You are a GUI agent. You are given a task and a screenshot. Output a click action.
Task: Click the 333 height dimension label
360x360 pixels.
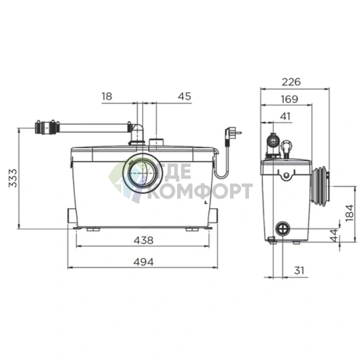13,178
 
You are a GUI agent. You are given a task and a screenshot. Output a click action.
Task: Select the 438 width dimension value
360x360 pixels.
144,240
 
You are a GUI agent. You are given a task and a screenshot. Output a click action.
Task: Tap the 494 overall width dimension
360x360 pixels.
144,262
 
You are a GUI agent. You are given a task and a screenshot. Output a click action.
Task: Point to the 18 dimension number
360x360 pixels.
107,97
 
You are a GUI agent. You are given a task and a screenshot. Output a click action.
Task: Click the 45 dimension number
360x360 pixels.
184,97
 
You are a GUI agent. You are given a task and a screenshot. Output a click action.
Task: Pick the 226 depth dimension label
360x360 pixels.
291,82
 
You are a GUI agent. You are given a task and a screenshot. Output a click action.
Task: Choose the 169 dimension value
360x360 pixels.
290,99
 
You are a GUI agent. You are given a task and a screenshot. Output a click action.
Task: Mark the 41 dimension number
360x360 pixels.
285,116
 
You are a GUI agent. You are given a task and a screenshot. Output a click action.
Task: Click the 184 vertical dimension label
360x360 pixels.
349,213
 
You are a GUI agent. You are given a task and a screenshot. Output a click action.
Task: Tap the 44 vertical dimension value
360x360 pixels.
334,235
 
